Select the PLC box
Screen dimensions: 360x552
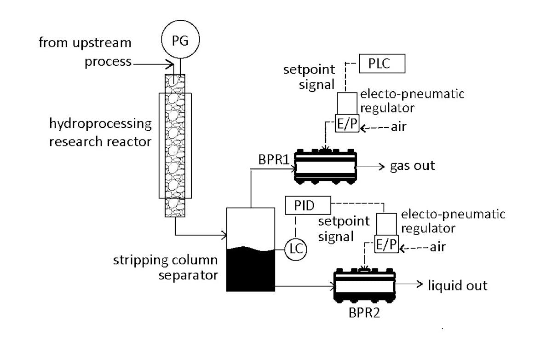tap(381, 64)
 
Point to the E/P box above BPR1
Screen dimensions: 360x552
tap(346, 125)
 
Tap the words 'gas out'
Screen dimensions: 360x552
tap(412, 166)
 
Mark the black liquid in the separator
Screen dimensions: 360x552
tap(251, 272)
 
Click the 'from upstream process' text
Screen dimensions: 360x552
tap(85, 52)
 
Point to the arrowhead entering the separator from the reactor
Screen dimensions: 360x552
tap(224, 236)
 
